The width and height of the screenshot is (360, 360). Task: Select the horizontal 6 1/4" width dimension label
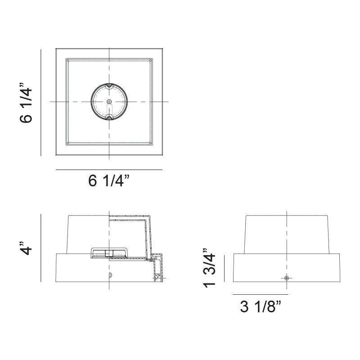click(109, 181)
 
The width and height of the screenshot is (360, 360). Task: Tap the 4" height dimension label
click(27, 248)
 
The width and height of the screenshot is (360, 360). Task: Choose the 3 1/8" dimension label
click(261, 307)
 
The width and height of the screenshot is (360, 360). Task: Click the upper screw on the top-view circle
click(109, 85)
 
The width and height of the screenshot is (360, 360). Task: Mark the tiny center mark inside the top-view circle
click(109, 102)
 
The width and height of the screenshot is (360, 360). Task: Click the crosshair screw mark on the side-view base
click(287, 279)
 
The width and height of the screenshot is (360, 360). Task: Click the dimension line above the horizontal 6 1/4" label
click(109, 170)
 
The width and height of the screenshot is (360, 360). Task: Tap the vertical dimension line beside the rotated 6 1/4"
click(41, 103)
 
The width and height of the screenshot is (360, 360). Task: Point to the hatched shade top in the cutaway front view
click(130, 218)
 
